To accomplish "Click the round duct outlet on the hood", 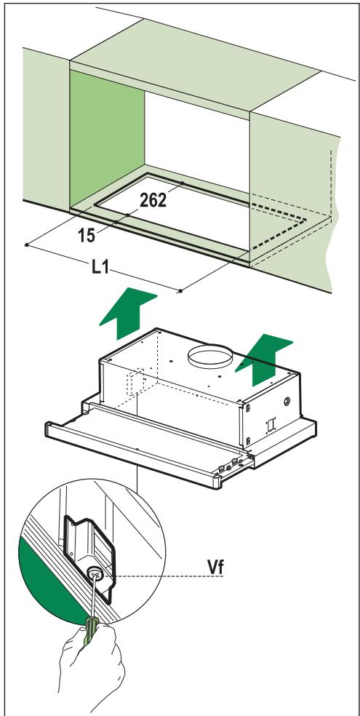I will pos(211,358).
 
